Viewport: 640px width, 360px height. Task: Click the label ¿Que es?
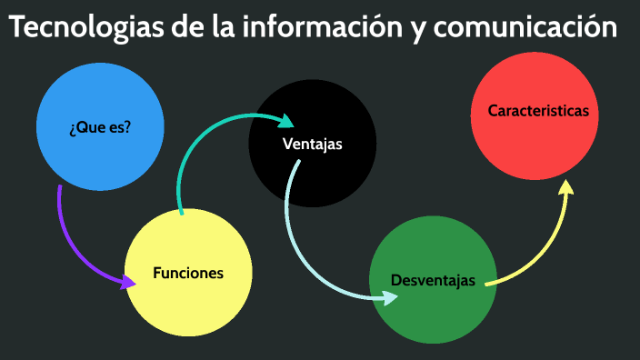[100, 127]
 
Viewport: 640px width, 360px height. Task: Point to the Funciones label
[188, 273]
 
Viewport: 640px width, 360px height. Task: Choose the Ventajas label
[312, 145]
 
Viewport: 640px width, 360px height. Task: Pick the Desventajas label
[433, 280]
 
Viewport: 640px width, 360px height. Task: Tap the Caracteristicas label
[538, 111]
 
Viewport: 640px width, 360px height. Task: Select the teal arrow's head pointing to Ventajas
[286, 121]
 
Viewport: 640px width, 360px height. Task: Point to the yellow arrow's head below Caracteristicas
[565, 187]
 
